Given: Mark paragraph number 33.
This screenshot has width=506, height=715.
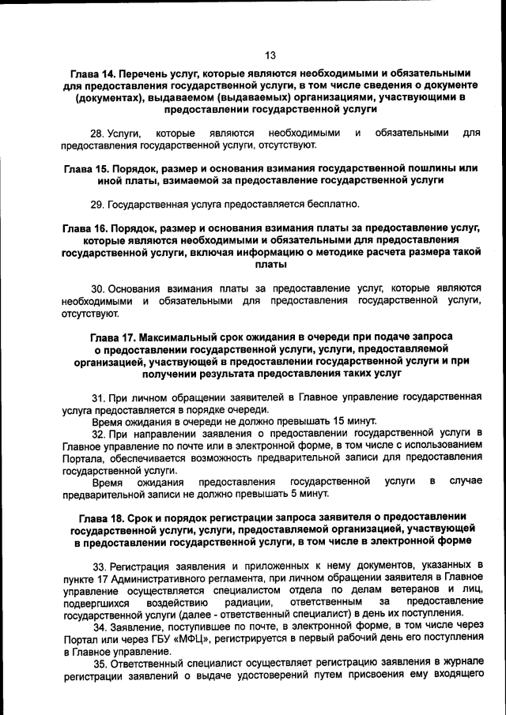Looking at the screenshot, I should pos(100,566).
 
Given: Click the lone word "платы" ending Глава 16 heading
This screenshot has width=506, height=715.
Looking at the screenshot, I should pos(270,265).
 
